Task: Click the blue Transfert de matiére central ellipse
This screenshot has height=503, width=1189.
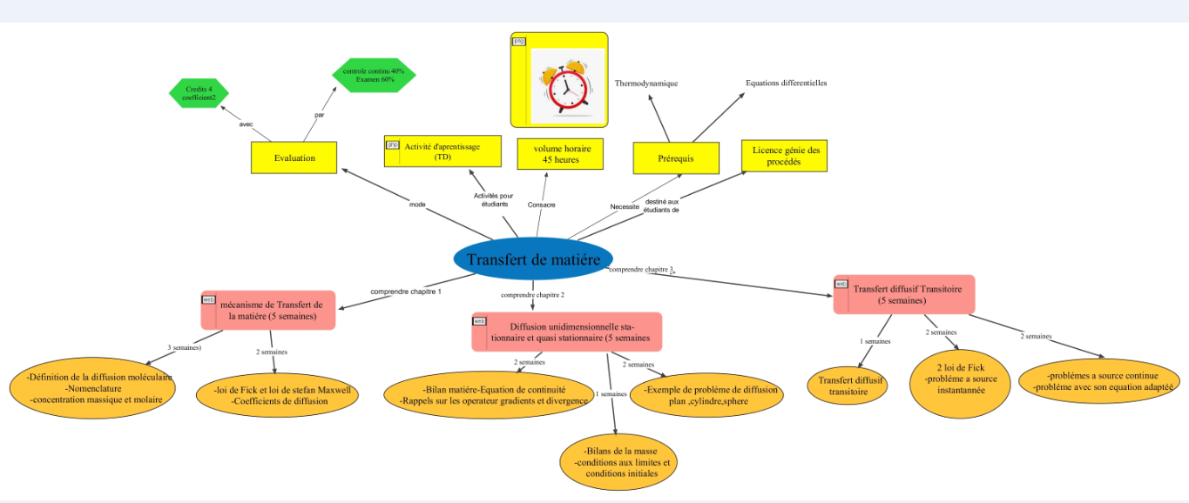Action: (x=533, y=259)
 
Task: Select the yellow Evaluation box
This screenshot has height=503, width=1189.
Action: (x=294, y=158)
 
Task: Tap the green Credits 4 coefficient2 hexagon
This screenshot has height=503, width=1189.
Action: (x=199, y=94)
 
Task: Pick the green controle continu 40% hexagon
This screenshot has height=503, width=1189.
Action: (x=374, y=75)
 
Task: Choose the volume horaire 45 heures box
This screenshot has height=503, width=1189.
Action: (x=560, y=153)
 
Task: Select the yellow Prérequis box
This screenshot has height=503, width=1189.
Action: (x=676, y=158)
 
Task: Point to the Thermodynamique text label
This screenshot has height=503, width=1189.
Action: (x=646, y=84)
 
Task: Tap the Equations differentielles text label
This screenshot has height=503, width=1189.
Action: (x=786, y=83)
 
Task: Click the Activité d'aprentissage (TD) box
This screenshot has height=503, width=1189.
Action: (x=443, y=151)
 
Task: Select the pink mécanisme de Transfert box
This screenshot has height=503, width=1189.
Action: (x=268, y=310)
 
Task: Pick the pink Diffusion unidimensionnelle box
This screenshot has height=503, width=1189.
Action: (x=567, y=332)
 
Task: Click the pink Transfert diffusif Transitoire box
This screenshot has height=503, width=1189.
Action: (x=904, y=294)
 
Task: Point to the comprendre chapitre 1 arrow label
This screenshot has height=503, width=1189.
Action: (x=406, y=292)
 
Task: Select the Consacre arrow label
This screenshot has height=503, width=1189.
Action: (x=542, y=205)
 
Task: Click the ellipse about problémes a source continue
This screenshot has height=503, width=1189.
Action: (x=1103, y=380)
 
